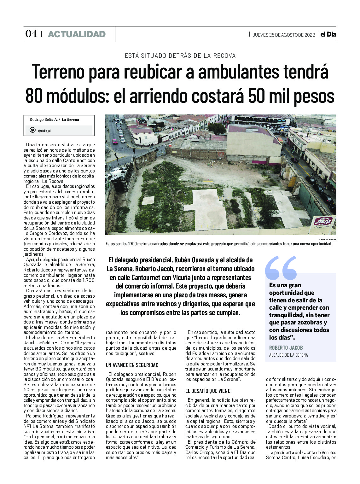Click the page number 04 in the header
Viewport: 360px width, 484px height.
pyautogui.click(x=31, y=34)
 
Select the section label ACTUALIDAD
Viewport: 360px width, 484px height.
pyautogui.click(x=77, y=34)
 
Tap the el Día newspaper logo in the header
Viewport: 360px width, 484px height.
pyautogui.click(x=328, y=34)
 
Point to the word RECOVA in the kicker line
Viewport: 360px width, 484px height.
pyautogui.click(x=224, y=56)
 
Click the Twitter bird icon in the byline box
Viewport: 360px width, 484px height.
pyautogui.click(x=32, y=130)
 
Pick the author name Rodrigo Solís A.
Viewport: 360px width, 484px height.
pyautogui.click(x=44, y=120)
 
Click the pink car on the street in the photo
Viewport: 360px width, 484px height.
pyautogui.click(x=115, y=141)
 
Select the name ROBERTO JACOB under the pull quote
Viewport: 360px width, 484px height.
pyautogui.click(x=286, y=348)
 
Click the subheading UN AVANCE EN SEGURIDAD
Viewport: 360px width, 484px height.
pyautogui.click(x=132, y=365)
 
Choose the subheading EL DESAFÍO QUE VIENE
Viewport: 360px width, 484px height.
pyautogui.click(x=208, y=391)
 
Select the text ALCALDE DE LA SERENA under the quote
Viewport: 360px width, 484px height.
pyautogui.click(x=288, y=355)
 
